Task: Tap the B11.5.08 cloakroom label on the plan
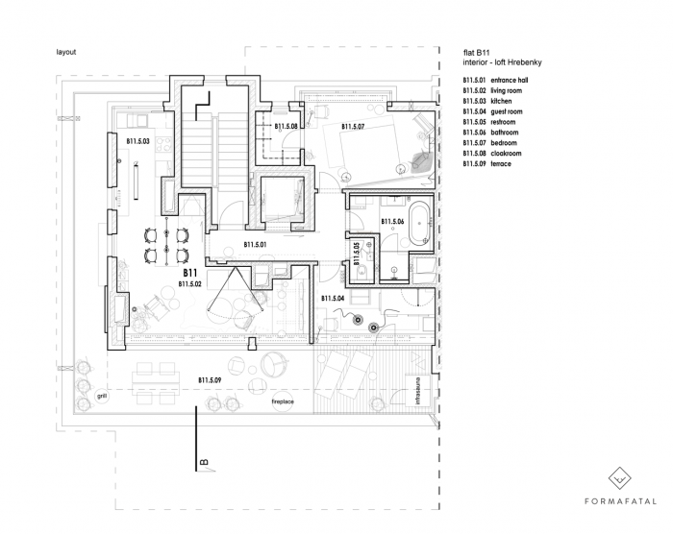[x=288, y=126]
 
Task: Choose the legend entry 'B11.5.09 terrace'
[x=487, y=164]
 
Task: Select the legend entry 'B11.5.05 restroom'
[x=489, y=122]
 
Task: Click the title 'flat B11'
[x=478, y=52]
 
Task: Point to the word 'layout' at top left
[x=66, y=51]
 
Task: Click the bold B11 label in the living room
[x=189, y=274]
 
